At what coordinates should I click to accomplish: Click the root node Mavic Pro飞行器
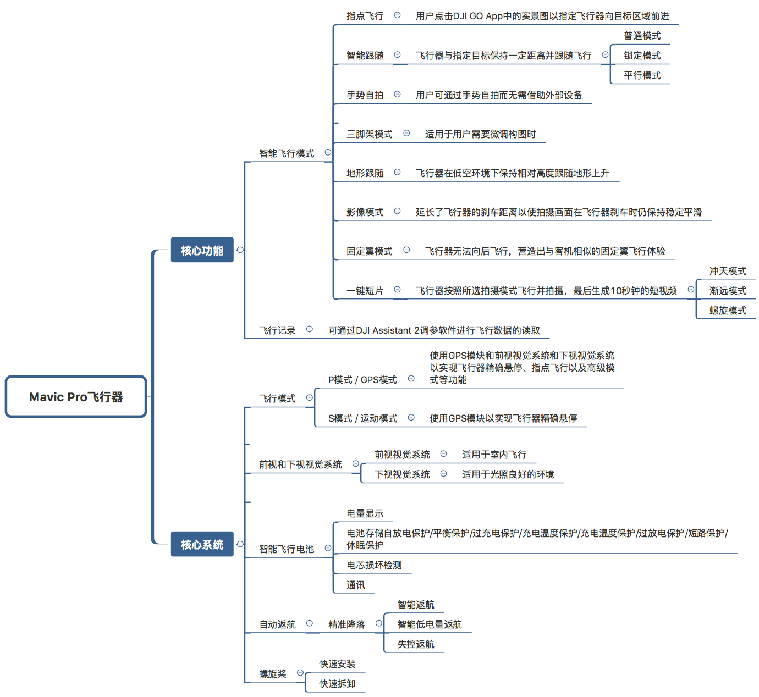coord(76,397)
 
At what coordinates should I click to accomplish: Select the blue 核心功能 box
coord(202,250)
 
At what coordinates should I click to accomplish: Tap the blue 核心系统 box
coord(202,544)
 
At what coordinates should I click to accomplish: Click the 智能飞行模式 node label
coord(287,153)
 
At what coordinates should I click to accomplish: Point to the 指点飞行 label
coord(365,16)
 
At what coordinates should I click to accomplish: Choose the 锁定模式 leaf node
coord(642,56)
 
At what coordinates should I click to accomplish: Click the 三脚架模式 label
coord(369,134)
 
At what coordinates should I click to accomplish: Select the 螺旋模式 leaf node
coord(728,311)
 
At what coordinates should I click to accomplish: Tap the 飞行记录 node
coord(277,330)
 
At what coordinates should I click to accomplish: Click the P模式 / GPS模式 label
coord(362,380)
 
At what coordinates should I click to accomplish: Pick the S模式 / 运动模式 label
coord(362,418)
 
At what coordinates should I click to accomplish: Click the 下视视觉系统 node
coord(402,474)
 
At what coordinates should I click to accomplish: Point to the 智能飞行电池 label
coord(287,549)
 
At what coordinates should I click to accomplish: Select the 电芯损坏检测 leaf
coord(374,565)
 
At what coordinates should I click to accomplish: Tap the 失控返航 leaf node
coord(416,644)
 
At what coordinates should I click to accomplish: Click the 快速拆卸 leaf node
coord(337,684)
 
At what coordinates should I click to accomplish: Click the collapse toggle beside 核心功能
coord(240,250)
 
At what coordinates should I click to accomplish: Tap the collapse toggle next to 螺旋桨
coord(300,673)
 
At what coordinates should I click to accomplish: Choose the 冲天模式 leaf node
coord(728,271)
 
